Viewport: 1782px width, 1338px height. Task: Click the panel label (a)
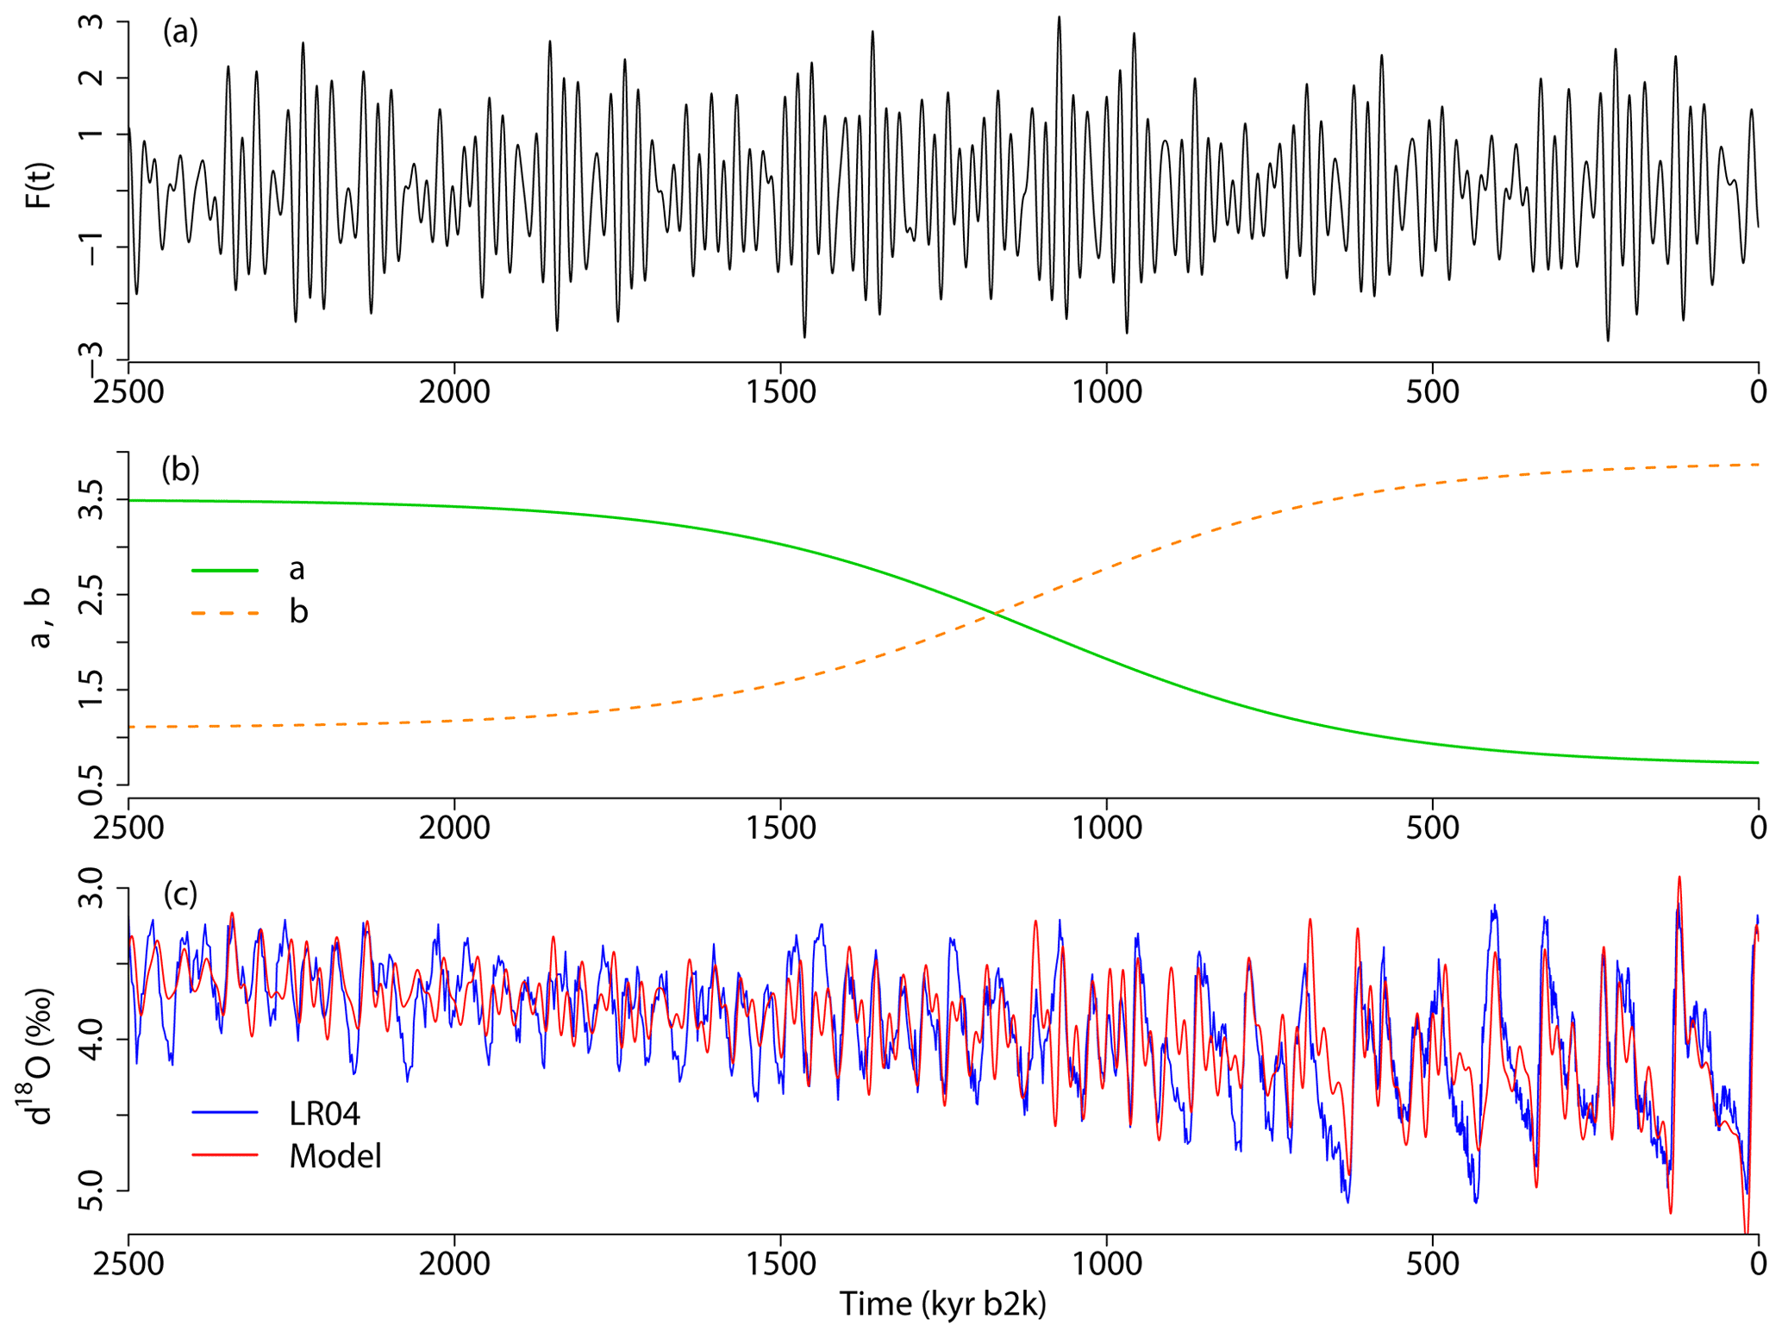pos(180,32)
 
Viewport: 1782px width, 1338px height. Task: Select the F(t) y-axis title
pos(39,185)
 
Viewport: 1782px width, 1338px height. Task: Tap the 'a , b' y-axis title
pos(39,617)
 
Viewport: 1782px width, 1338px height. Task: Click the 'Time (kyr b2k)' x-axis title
pos(942,1303)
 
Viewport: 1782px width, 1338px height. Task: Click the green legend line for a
pos(224,570)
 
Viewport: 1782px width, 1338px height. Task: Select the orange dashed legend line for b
pos(224,613)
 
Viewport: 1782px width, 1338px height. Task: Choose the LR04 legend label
pos(324,1113)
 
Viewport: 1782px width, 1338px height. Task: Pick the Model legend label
pos(335,1156)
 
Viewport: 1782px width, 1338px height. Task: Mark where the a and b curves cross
pos(997,613)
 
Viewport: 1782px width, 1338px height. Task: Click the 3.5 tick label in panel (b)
pos(91,500)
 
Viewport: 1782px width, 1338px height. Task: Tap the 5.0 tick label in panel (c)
pos(91,1191)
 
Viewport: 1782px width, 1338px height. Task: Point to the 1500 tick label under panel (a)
pos(780,392)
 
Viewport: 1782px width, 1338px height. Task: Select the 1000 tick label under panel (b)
pos(1106,828)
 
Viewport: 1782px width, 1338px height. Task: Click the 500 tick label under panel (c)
pos(1432,1264)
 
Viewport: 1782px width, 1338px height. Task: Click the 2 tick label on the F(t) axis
pos(91,78)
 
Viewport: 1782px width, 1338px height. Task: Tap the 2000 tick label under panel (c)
pos(454,1264)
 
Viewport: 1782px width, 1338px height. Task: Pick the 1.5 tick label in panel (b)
pos(91,690)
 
